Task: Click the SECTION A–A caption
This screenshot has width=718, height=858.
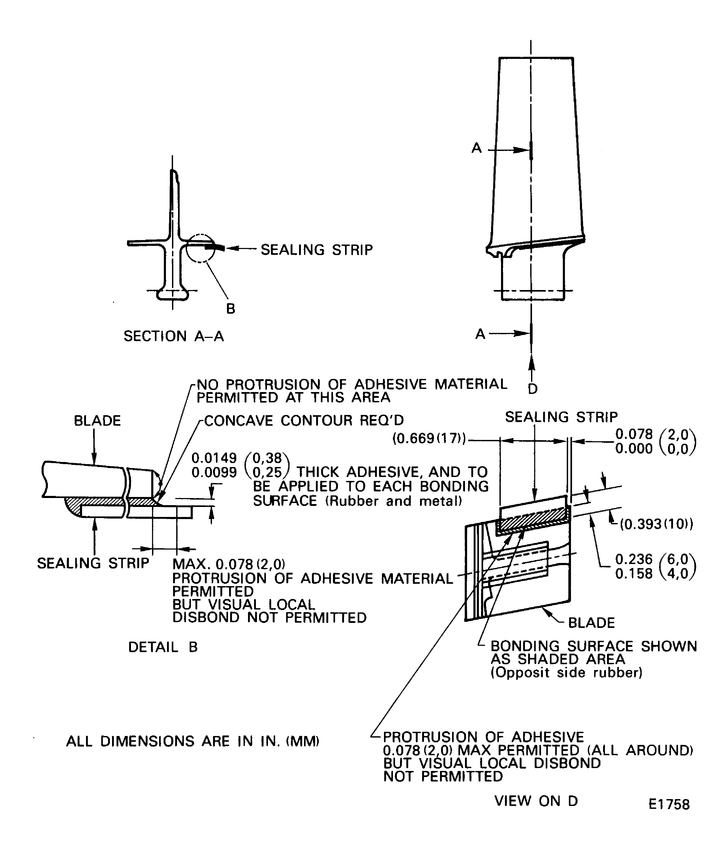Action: click(x=174, y=336)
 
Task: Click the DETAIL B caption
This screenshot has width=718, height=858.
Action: click(x=163, y=647)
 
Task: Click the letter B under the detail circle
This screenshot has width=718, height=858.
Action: click(x=230, y=309)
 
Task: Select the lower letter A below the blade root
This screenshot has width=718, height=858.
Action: click(x=480, y=334)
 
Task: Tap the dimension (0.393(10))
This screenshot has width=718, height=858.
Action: click(x=656, y=524)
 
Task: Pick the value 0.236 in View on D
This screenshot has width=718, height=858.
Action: click(x=634, y=559)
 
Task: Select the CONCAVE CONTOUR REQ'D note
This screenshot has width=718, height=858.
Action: click(x=304, y=420)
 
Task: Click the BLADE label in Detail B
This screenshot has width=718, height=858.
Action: click(x=97, y=421)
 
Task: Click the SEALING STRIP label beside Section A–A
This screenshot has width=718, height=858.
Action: click(x=317, y=250)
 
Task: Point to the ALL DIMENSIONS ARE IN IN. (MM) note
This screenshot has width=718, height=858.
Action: click(x=193, y=741)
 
